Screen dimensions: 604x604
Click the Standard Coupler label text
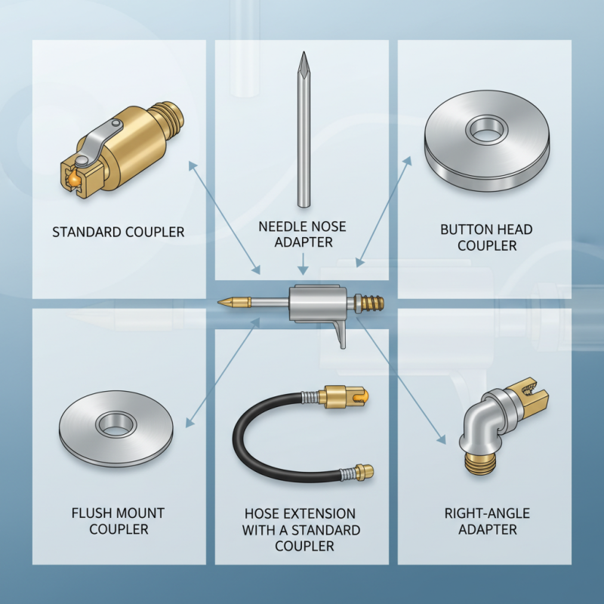click(118, 232)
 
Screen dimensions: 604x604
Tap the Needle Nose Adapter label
click(301, 234)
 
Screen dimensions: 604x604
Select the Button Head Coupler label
click(487, 237)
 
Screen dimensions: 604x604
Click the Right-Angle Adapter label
click(487, 521)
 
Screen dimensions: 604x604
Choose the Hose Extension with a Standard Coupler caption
click(301, 528)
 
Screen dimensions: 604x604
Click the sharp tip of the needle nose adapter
click(302, 54)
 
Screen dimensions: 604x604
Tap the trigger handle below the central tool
click(339, 332)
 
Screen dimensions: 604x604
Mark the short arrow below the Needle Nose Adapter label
click(302, 263)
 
